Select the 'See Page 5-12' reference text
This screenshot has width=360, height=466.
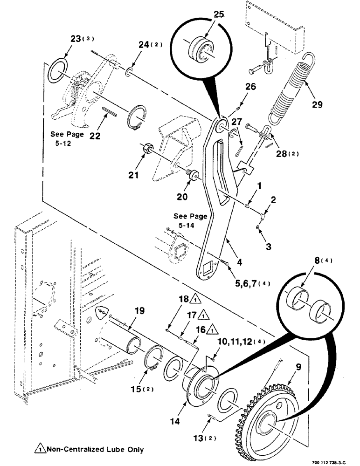pyautogui.click(x=67, y=138)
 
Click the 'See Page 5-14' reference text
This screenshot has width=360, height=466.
pyautogui.click(x=190, y=221)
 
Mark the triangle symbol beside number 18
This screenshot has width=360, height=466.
pyautogui.click(x=196, y=298)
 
